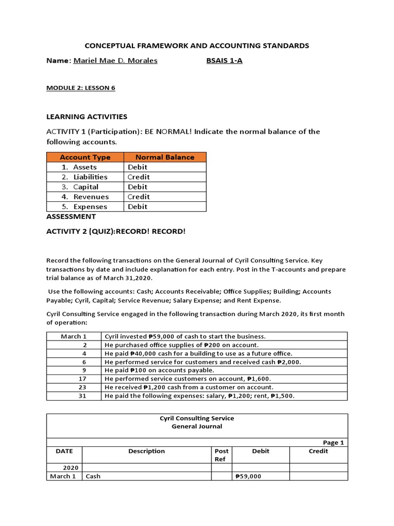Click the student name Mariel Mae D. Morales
point(115,61)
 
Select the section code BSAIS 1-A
point(224,61)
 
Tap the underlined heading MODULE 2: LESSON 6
point(81,88)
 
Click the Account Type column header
point(85,157)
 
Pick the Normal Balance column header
point(165,157)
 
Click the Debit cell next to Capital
point(137,187)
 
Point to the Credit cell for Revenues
point(139,197)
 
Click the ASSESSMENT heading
point(71,217)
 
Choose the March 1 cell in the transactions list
point(74,336)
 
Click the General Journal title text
point(197,426)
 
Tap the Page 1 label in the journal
point(333,442)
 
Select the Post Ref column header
point(221,455)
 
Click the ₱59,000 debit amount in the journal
point(248,476)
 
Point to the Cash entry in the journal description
point(93,476)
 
